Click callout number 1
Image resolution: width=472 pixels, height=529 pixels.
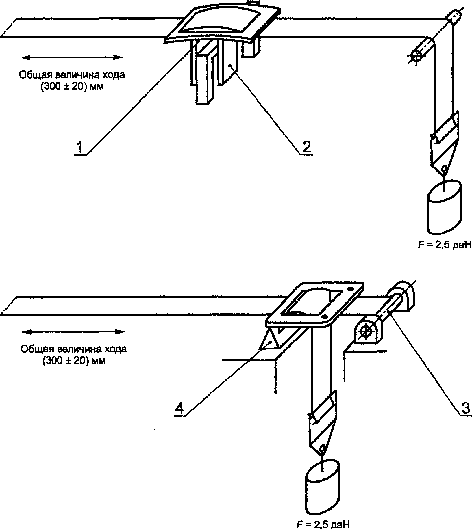(79, 148)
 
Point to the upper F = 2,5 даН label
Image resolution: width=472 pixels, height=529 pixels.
(445, 245)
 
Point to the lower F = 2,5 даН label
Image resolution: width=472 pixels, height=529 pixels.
(323, 524)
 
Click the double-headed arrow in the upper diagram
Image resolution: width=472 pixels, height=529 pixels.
(72, 57)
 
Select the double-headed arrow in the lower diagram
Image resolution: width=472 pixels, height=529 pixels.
(73, 332)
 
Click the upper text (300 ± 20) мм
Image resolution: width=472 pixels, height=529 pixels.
(72, 86)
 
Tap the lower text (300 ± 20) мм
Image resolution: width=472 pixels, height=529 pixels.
(74, 361)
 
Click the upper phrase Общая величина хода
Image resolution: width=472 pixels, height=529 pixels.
(72, 75)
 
